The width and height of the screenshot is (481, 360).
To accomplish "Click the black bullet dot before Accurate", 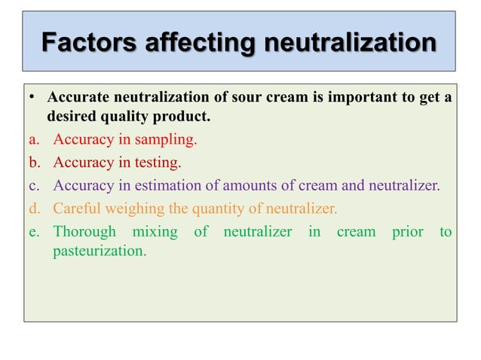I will (33, 99).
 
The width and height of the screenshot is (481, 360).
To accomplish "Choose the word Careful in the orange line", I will (77, 208).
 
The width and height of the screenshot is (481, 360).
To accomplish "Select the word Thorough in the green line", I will (84, 232).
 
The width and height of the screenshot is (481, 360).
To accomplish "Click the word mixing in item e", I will (155, 232).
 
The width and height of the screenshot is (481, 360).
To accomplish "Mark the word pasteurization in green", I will (100, 251).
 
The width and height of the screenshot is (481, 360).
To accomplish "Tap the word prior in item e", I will (407, 232).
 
